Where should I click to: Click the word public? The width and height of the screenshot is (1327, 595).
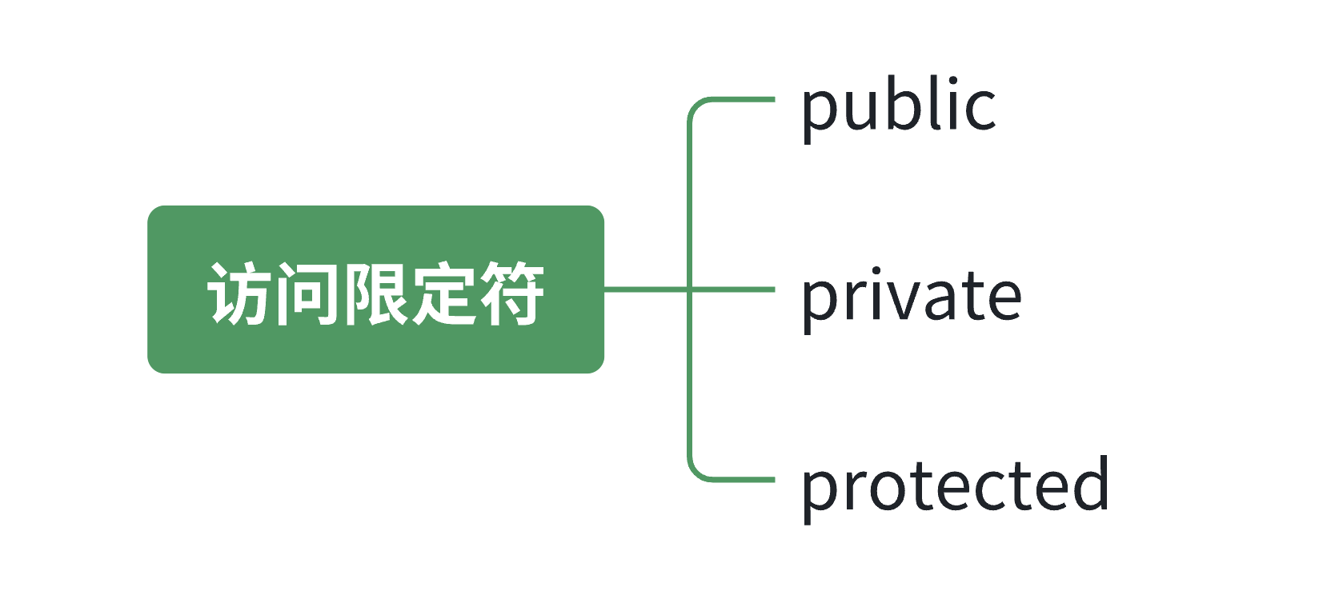coord(898,107)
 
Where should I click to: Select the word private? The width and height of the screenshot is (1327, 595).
coord(911,297)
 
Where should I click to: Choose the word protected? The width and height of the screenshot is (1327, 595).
coord(955,486)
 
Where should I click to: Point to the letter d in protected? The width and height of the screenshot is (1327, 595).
coord(1089,485)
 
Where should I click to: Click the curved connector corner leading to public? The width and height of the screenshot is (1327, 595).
coord(696,107)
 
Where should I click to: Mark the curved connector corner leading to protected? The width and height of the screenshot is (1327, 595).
coord(696,472)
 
